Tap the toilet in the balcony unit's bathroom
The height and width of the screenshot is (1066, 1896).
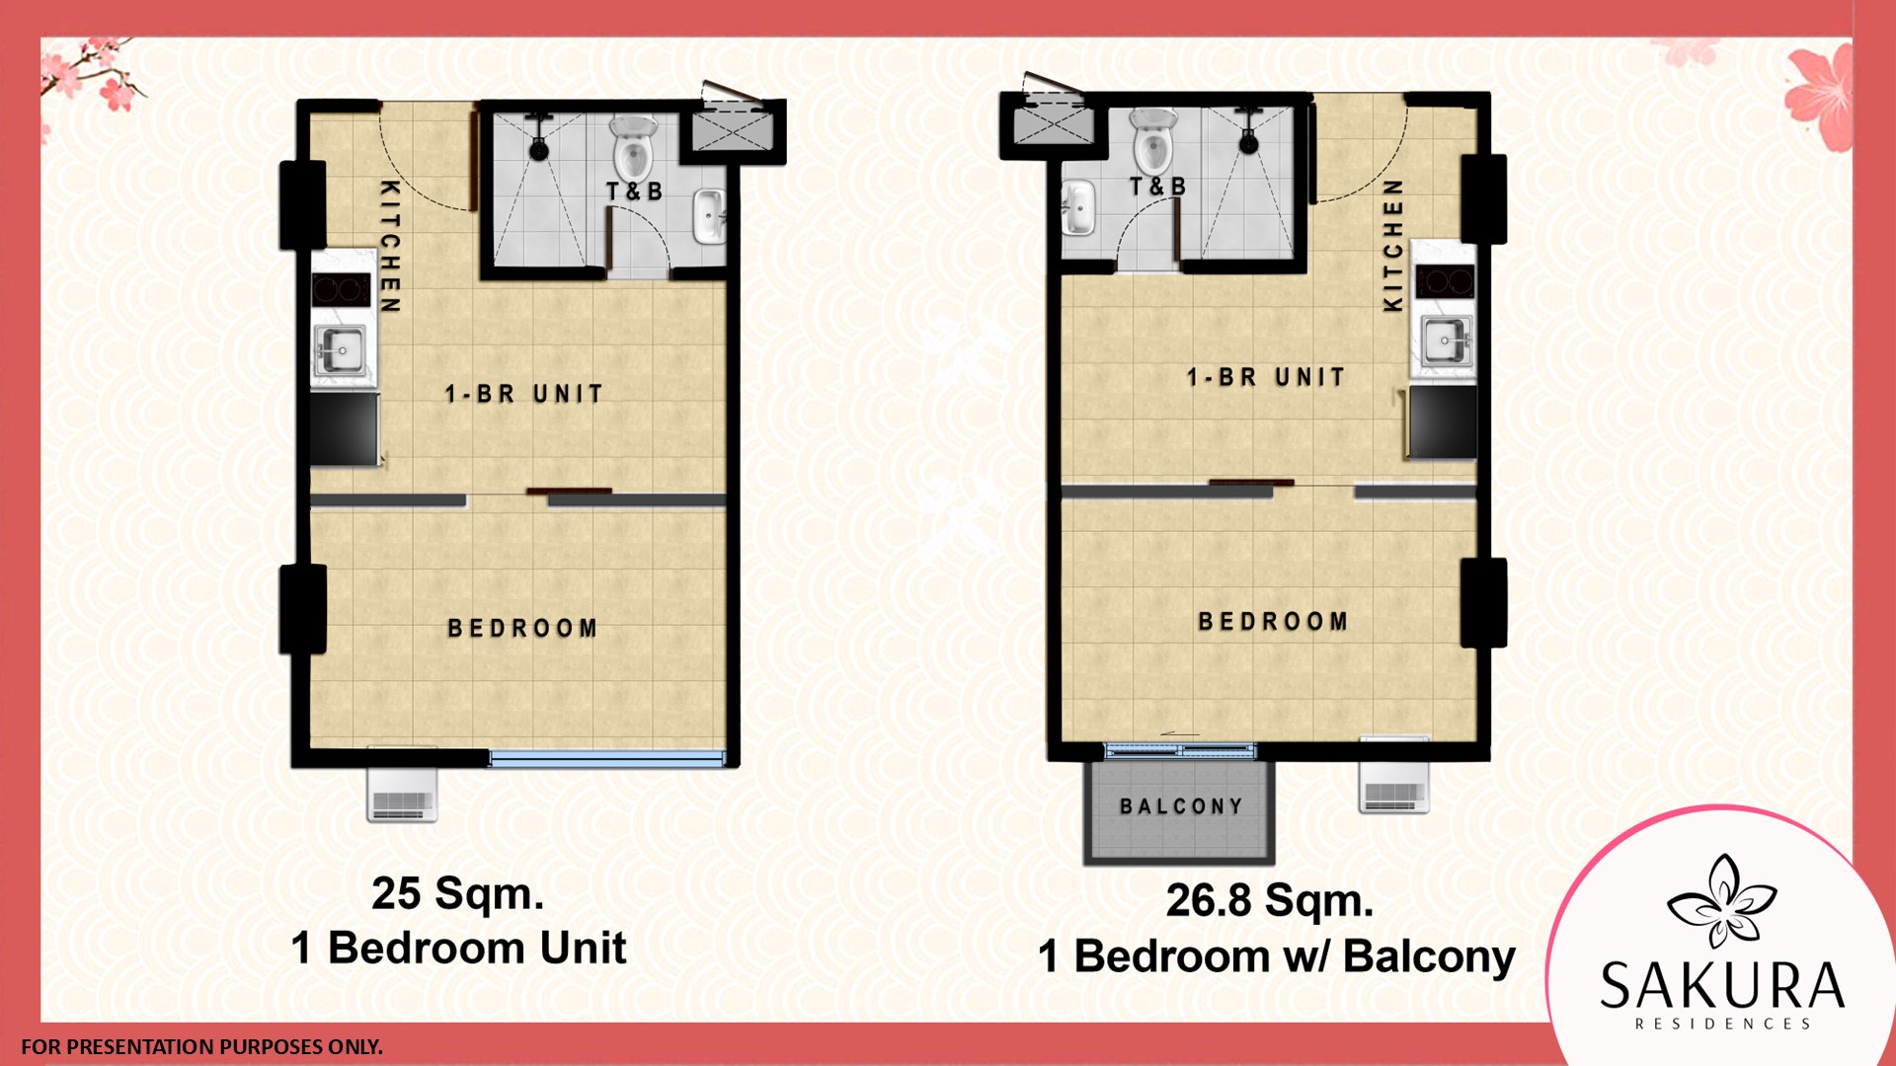[x=1152, y=140]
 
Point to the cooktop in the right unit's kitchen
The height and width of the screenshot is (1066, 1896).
[x=1445, y=281]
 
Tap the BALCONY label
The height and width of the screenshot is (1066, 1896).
[x=1181, y=806]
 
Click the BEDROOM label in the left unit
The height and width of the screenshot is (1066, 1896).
[x=523, y=628]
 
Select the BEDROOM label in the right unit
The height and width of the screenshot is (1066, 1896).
[x=1274, y=621]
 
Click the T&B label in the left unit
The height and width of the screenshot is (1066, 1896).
[x=634, y=191]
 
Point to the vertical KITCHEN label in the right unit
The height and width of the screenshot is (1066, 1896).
[x=1392, y=246]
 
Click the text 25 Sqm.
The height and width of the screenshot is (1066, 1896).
[x=458, y=893]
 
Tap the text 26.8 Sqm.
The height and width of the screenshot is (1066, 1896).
[x=1270, y=900]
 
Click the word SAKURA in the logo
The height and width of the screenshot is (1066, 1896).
[x=1722, y=984]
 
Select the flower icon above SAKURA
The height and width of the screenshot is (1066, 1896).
[x=1721, y=901]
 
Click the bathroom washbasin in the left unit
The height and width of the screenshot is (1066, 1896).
[x=709, y=216]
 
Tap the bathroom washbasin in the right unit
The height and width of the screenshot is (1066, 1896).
[x=1077, y=208]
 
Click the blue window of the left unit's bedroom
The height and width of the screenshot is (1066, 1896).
[x=607, y=758]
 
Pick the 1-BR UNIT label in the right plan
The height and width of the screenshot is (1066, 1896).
[x=1266, y=377]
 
